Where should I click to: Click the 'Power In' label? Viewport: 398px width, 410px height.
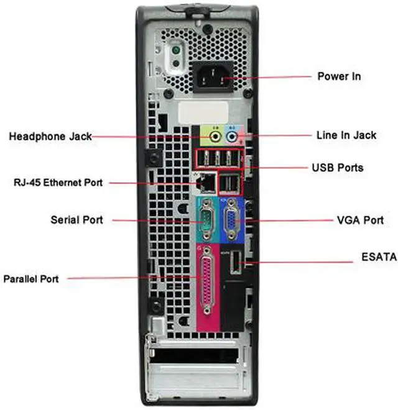pyautogui.click(x=339, y=76)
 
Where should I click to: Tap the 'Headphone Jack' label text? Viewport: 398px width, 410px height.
pyautogui.click(x=50, y=136)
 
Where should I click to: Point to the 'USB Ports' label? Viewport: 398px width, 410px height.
pyautogui.click(x=337, y=168)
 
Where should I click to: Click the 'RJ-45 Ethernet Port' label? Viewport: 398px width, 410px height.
pyautogui.click(x=58, y=183)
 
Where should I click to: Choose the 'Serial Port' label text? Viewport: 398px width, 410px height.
pyautogui.click(x=76, y=220)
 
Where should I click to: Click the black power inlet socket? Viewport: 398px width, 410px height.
pyautogui.click(x=215, y=78)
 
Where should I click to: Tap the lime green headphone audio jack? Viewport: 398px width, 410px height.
pyautogui.click(x=215, y=135)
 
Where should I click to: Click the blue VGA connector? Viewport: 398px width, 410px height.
pyautogui.click(x=230, y=219)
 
